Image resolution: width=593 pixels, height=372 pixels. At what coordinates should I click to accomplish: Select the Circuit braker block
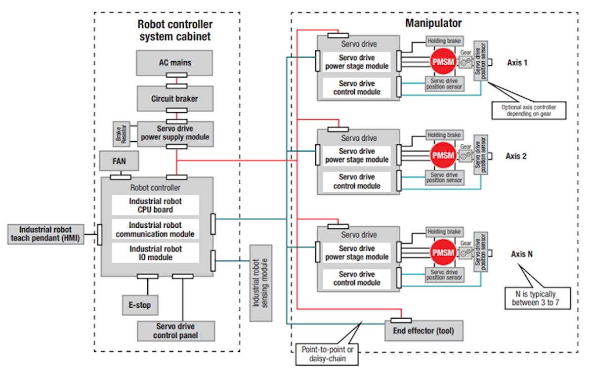[175, 99]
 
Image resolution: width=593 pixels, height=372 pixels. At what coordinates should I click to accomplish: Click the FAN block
[119, 161]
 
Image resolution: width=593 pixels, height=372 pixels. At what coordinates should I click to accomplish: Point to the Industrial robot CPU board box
[155, 206]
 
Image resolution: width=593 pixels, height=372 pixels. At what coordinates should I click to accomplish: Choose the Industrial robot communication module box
[155, 230]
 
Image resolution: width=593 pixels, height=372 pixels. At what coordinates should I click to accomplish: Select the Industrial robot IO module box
[155, 253]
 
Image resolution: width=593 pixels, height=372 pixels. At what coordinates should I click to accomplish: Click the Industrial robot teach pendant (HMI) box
[45, 234]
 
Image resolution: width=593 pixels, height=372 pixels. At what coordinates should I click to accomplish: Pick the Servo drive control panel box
[175, 331]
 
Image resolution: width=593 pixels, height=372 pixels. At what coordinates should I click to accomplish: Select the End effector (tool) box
[424, 331]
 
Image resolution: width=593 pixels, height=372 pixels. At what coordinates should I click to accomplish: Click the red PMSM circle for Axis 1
[443, 62]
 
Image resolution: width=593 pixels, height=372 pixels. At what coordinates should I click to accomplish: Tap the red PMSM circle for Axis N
[443, 252]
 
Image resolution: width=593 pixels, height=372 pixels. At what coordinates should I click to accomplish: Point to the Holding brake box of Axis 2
[444, 135]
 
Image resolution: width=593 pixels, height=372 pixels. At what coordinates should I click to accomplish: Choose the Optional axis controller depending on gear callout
[528, 110]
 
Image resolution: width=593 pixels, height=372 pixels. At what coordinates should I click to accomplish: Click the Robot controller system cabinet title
[175, 30]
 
